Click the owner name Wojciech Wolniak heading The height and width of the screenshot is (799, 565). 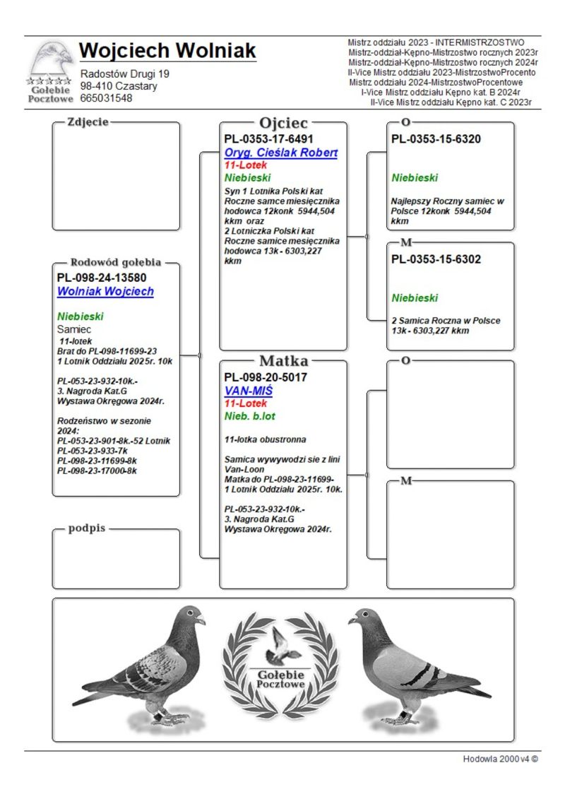[167, 52]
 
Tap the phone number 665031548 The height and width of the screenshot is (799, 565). [106, 98]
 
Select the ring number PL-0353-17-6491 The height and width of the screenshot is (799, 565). [268, 139]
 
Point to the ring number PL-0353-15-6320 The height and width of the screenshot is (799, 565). [436, 139]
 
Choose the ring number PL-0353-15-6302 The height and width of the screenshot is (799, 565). [436, 259]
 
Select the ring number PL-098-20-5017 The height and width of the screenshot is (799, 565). [266, 377]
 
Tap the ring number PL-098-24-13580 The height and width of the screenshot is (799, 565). [102, 278]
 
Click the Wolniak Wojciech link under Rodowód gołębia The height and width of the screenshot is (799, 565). [105, 291]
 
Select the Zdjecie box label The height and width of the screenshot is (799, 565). [88, 122]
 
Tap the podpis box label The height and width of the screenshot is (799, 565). [87, 528]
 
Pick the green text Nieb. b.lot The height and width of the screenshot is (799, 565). [249, 417]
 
